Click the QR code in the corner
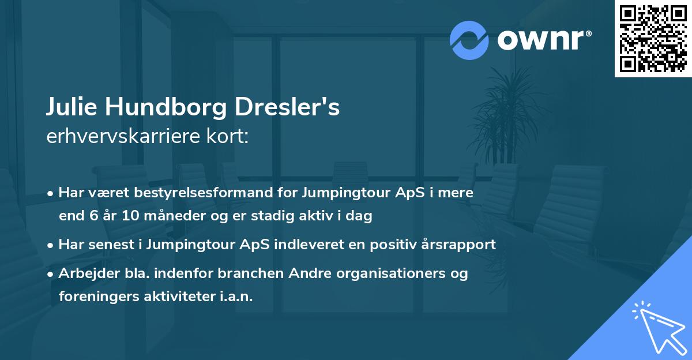click(x=653, y=39)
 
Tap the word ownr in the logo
click(x=542, y=40)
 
